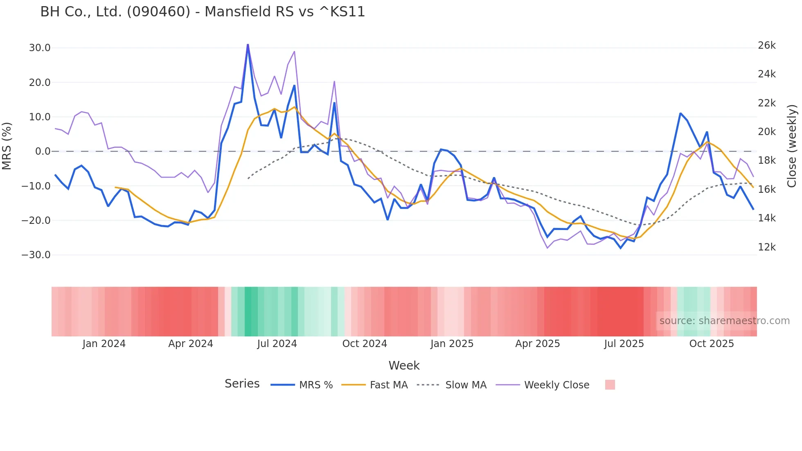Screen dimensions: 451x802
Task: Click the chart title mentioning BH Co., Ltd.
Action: coord(203,12)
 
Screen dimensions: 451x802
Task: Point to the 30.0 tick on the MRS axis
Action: coord(40,48)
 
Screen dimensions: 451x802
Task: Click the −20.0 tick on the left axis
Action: coord(36,220)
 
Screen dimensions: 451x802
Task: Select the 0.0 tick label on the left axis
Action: coord(43,151)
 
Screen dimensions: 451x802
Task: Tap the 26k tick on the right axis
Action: coord(766,45)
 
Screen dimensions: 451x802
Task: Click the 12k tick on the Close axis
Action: coord(766,247)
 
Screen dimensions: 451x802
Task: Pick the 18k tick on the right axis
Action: coord(766,160)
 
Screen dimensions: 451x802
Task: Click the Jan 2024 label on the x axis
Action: coord(104,344)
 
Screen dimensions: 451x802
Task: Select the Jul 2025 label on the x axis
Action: coord(624,344)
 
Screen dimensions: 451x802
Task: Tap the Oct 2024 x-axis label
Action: coord(364,344)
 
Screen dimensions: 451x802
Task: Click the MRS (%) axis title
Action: coord(7,146)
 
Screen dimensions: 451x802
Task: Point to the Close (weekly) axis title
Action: coord(792,146)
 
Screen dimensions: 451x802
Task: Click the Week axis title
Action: coord(404,365)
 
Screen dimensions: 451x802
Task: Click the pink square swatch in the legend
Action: coord(610,385)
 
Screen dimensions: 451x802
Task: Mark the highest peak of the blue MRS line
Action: coord(248,45)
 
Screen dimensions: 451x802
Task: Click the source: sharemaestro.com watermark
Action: coord(724,321)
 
